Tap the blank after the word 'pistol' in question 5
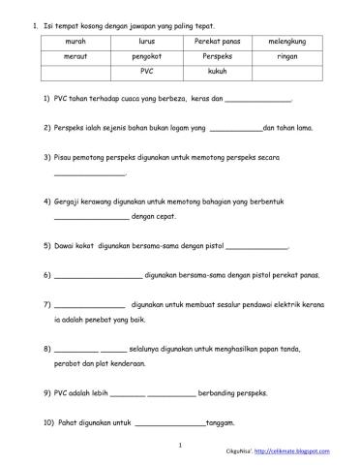coord(255,246)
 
